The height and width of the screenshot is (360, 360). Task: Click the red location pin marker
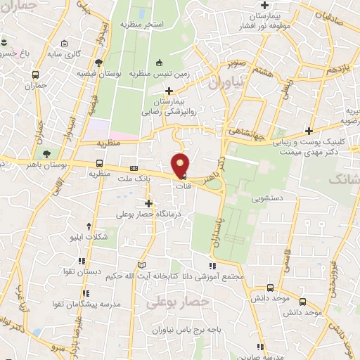[181, 165]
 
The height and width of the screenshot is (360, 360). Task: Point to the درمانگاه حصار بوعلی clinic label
[146, 212]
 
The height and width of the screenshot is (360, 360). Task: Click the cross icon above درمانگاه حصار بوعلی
[148, 202]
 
